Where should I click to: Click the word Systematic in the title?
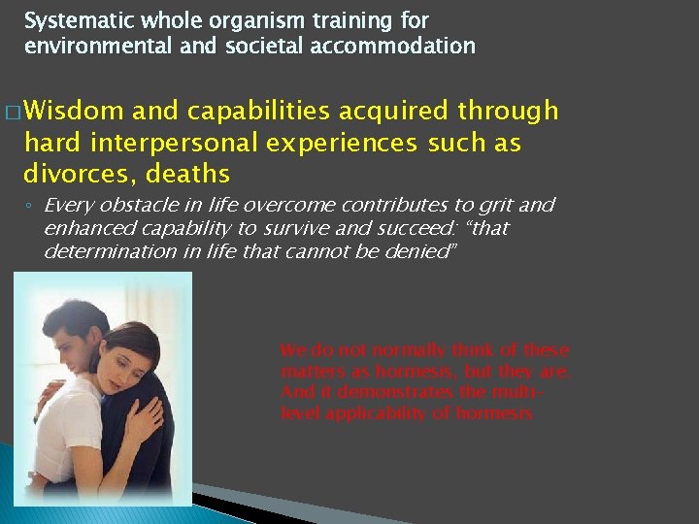click(x=69, y=20)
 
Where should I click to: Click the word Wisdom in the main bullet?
click(x=81, y=112)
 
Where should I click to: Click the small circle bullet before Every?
click(x=29, y=207)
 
